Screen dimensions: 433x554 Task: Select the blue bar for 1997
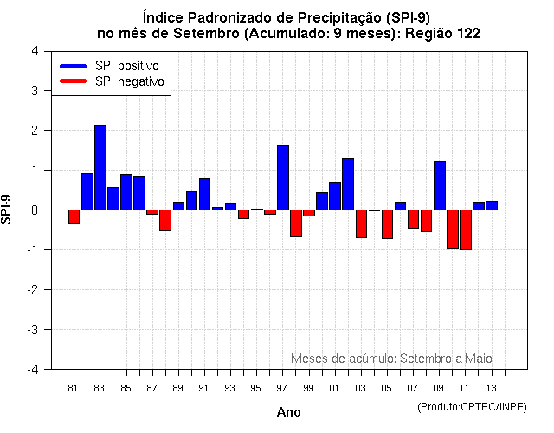pyautogui.click(x=283, y=178)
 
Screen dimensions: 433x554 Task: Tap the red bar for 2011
pyautogui.click(x=466, y=229)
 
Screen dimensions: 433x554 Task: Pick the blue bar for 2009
pyautogui.click(x=440, y=185)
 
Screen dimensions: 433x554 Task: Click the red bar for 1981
pyautogui.click(x=74, y=217)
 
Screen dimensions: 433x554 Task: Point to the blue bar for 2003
pyautogui.click(x=348, y=184)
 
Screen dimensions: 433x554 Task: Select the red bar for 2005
pyautogui.click(x=387, y=223)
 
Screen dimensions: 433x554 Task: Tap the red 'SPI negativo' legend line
pyautogui.click(x=74, y=81)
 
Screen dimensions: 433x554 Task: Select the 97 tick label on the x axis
pyautogui.click(x=282, y=387)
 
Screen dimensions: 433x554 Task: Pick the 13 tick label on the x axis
pyautogui.click(x=491, y=387)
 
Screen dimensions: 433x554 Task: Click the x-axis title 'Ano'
pyautogui.click(x=288, y=412)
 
